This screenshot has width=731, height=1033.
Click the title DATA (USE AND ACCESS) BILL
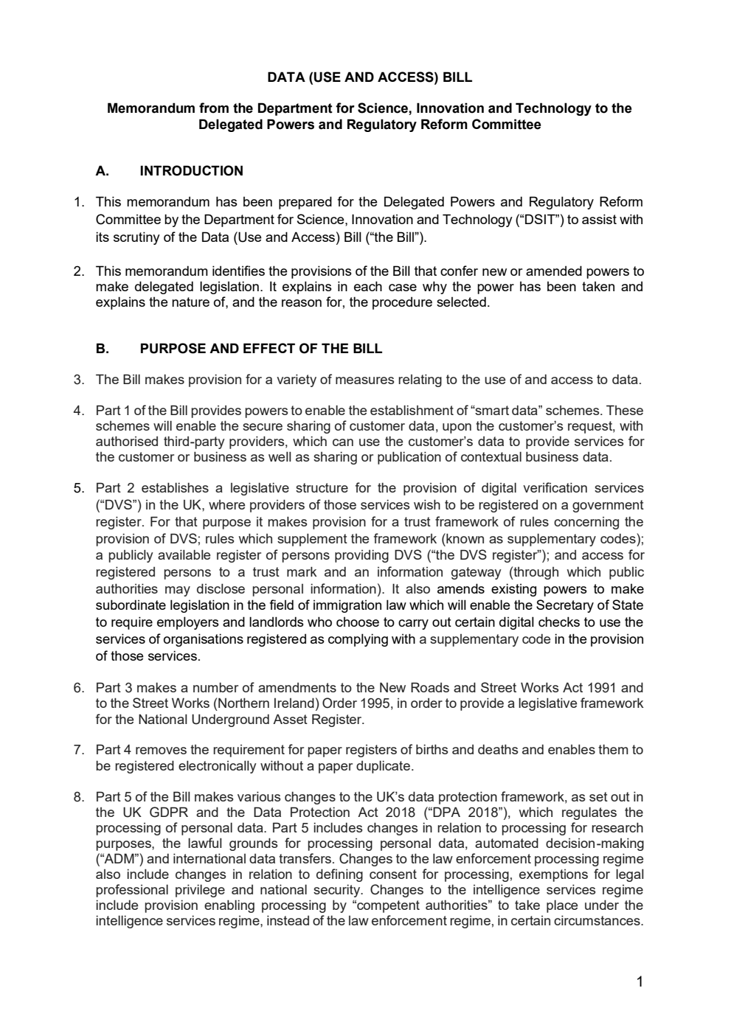click(369, 77)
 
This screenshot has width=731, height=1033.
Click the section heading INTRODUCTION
click(191, 171)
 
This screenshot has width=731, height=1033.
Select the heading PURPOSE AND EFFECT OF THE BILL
click(260, 349)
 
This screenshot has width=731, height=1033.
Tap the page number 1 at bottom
click(640, 981)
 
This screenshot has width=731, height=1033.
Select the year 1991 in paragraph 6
click(594, 688)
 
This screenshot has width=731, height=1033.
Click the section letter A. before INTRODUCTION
click(103, 171)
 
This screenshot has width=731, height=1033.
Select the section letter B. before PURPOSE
click(103, 349)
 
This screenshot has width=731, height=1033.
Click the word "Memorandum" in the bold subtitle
click(151, 109)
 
